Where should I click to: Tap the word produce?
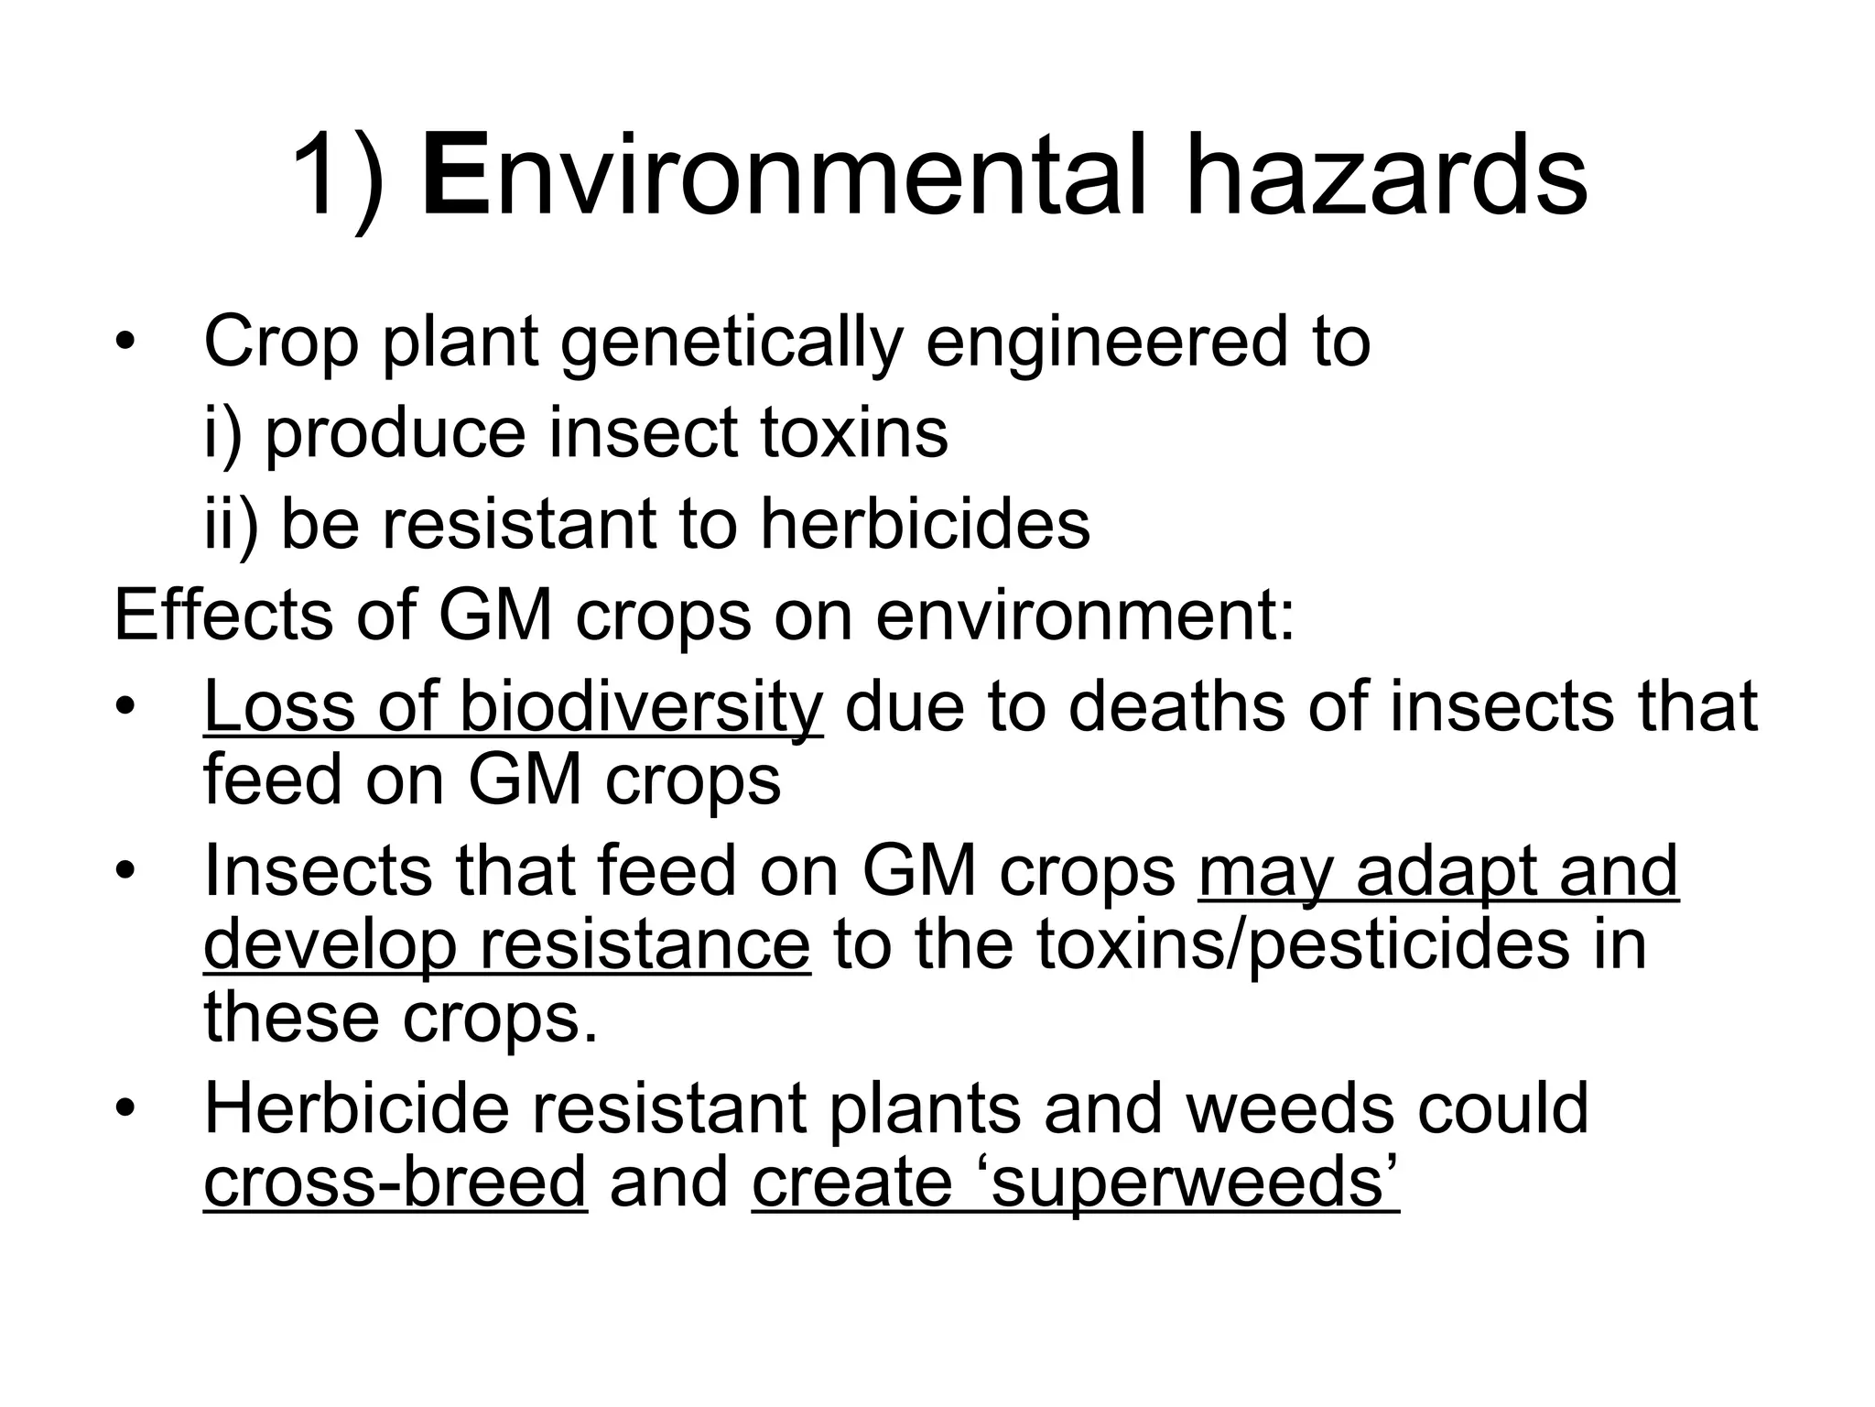coord(395,435)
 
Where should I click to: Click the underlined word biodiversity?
coord(641,707)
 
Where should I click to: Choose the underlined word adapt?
coord(1446,871)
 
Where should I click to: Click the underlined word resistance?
coord(645,944)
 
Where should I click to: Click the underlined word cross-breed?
coord(395,1182)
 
